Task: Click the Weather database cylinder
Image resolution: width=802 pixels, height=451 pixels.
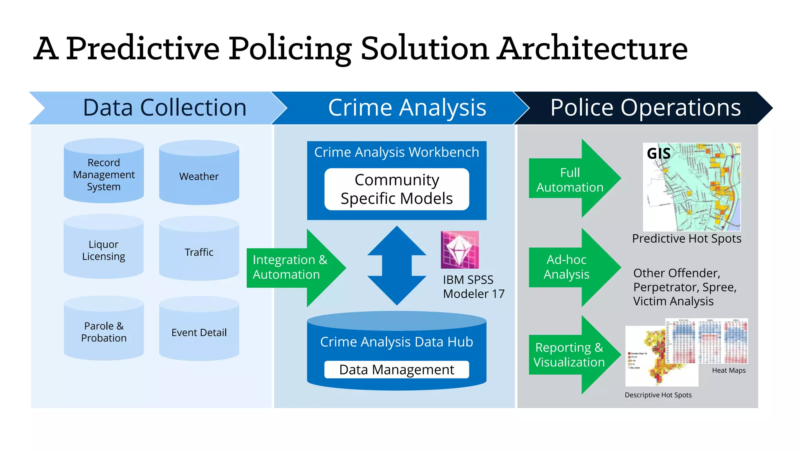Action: pos(199,176)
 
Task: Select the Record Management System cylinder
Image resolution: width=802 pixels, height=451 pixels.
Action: pos(104,174)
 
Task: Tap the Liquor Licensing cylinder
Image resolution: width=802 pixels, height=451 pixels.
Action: pos(104,250)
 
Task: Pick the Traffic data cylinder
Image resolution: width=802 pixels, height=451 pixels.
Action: pos(199,252)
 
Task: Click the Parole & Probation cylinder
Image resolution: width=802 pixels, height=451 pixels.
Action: pos(104,332)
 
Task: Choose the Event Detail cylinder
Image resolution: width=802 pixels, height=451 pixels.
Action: pos(199,332)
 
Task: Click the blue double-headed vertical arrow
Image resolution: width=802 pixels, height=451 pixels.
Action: pos(397,265)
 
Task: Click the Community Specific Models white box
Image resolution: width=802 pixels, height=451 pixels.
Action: pos(397,189)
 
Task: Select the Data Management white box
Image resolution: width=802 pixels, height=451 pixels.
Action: pos(397,369)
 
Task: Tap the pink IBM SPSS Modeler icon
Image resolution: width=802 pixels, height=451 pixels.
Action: pos(460,250)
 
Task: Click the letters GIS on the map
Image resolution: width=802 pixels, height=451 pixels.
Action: pos(659,153)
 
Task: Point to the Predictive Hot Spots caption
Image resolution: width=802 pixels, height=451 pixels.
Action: pos(686,238)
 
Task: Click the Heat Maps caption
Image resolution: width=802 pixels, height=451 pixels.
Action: pos(729,370)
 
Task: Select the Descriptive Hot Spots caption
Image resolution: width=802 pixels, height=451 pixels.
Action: pos(658,395)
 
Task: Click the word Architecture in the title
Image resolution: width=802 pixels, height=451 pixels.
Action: pos(592,49)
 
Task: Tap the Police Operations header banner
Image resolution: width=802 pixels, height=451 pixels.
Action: pos(645,108)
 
